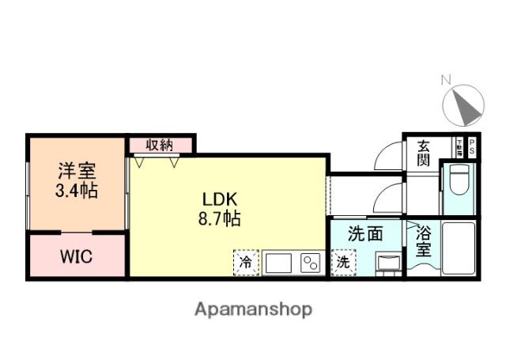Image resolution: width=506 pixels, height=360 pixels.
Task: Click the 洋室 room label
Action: (77, 170)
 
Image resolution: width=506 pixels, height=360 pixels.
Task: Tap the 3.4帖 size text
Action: (77, 191)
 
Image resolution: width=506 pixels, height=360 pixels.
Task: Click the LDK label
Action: (219, 198)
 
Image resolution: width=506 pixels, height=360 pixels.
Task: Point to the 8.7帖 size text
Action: (219, 218)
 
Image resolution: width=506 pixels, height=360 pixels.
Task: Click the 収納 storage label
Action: (160, 146)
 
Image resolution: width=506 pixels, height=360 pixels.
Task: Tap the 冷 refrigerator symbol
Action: (245, 262)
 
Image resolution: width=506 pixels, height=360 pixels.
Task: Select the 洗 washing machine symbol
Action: (343, 262)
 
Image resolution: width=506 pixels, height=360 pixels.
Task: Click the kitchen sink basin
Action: (278, 263)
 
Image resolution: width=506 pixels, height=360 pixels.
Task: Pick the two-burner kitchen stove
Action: (309, 263)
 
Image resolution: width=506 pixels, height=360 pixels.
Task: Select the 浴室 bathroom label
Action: (424, 241)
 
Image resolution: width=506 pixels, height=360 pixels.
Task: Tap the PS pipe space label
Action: (472, 146)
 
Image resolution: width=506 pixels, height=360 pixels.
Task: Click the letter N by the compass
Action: (446, 79)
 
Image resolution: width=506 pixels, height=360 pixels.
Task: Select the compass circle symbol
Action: (463, 104)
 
